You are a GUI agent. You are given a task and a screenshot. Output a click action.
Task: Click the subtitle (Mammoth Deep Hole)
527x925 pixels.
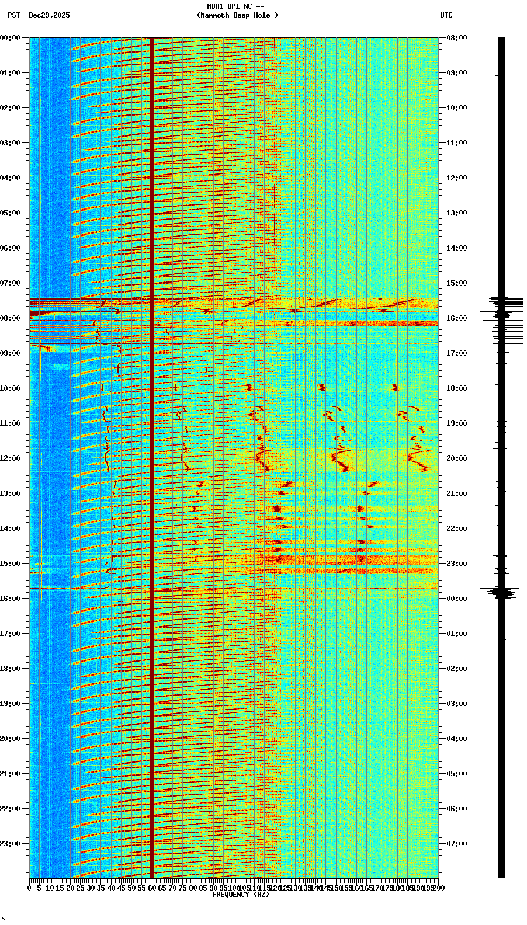(x=237, y=15)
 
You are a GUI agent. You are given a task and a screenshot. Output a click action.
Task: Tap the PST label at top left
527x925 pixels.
(x=13, y=15)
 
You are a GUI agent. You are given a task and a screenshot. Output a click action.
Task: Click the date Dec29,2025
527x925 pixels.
(x=49, y=15)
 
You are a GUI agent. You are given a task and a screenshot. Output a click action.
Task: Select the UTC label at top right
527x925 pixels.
(x=446, y=15)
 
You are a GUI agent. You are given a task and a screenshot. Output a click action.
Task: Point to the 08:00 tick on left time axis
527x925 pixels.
(x=10, y=318)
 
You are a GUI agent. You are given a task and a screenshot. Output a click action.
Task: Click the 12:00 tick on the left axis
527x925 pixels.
(x=10, y=458)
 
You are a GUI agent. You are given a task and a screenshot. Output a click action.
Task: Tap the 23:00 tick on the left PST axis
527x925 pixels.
(x=10, y=844)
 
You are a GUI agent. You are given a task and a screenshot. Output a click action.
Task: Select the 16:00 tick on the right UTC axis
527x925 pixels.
(x=457, y=318)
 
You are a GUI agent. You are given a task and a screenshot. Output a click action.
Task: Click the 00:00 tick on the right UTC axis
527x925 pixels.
(x=457, y=599)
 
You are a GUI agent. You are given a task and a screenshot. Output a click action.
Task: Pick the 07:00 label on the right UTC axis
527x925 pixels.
(x=457, y=844)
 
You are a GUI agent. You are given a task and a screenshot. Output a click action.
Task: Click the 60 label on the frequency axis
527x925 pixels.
(x=152, y=888)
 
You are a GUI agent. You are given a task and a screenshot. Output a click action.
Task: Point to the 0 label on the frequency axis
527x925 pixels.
(x=30, y=888)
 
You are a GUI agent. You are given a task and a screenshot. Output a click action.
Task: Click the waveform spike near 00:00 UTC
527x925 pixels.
(x=501, y=593)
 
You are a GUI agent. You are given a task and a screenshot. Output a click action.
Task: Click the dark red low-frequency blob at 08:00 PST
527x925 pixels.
(x=40, y=314)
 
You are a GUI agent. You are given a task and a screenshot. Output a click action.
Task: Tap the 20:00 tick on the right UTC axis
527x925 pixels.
(x=457, y=458)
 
